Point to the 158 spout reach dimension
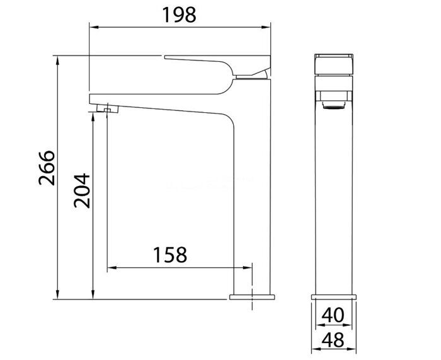point(169,255)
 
